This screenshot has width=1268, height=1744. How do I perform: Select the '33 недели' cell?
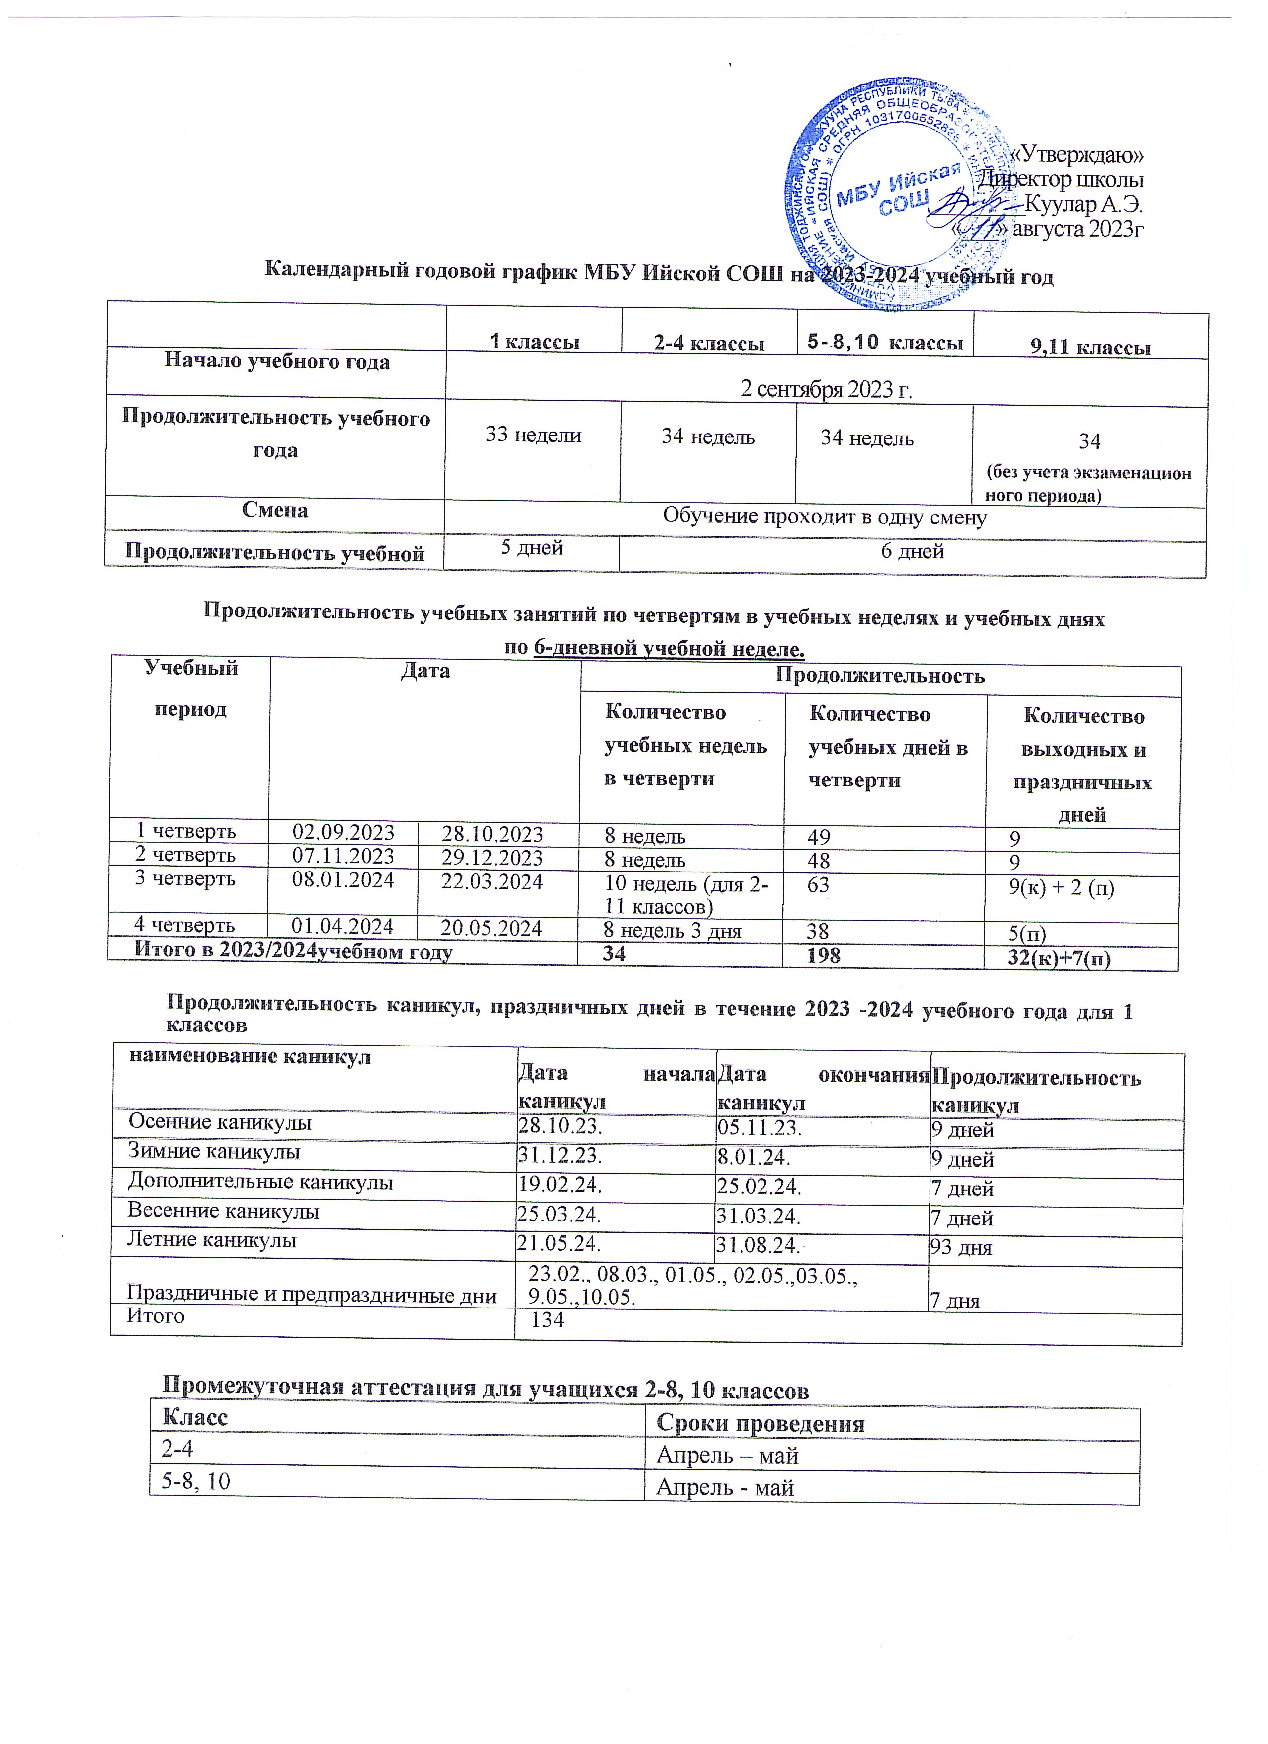point(532,435)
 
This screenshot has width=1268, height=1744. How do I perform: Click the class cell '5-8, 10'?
point(195,1481)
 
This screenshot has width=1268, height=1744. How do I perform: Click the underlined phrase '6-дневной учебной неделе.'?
point(668,649)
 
